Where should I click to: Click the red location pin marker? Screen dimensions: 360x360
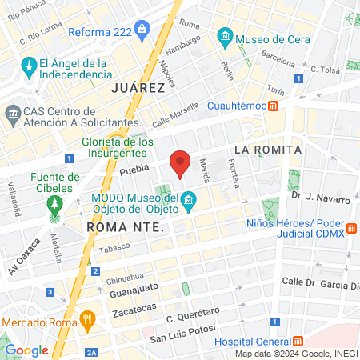[x=181, y=163]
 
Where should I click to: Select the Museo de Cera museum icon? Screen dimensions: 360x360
[x=226, y=37]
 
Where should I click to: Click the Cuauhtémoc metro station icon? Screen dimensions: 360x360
[x=274, y=106]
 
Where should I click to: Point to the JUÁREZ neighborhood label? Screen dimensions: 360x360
[x=138, y=87]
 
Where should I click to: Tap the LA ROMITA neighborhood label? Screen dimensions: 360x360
[x=268, y=150]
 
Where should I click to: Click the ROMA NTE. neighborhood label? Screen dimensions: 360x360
[x=124, y=227]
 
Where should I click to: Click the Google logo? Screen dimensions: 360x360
[x=26, y=350]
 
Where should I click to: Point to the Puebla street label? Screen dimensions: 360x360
[x=134, y=170]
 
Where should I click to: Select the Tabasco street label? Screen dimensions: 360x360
[x=114, y=249]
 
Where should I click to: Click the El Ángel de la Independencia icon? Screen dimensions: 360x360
[x=29, y=64]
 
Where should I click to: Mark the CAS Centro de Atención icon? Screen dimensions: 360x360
[x=14, y=115]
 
